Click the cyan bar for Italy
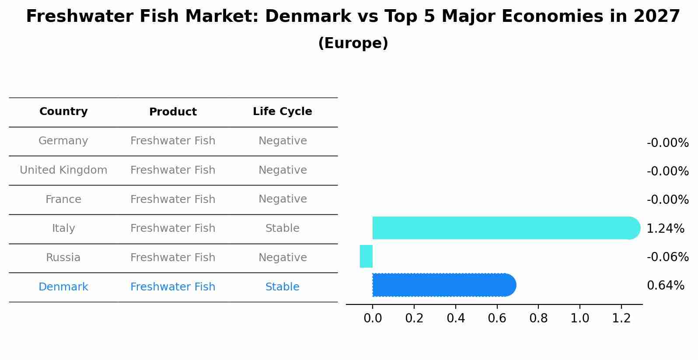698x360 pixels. tap(503, 228)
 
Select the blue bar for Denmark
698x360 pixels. tap(442, 285)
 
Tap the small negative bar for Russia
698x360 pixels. tap(366, 256)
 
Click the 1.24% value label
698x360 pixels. tap(665, 228)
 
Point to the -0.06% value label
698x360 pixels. tap(667, 257)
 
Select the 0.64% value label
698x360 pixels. tap(665, 286)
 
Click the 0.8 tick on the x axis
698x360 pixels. tap(538, 318)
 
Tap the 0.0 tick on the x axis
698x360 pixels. tap(373, 318)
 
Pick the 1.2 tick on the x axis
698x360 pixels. tap(621, 318)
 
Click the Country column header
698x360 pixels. tap(63, 112)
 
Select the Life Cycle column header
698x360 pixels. tap(283, 112)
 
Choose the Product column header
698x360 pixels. tap(173, 112)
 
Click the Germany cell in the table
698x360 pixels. tap(63, 141)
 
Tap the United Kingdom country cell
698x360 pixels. tap(63, 170)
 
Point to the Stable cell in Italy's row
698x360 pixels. tap(283, 228)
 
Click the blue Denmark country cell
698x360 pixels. tap(63, 287)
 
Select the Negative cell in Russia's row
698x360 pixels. tap(283, 258)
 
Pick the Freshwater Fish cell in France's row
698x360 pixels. tap(173, 199)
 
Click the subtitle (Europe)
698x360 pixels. tap(353, 43)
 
